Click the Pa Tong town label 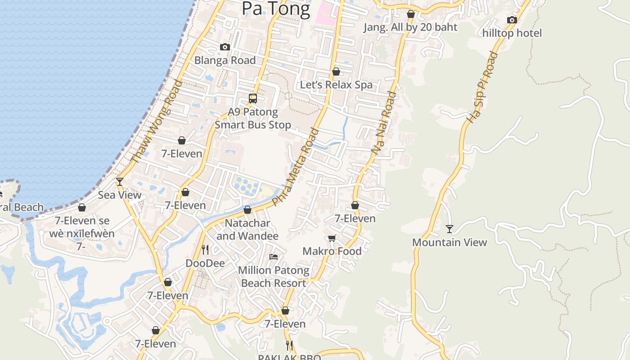[276, 9]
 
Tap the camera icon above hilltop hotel [512, 20]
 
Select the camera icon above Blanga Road [225, 47]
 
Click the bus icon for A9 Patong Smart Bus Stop [253, 98]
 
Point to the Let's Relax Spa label [336, 85]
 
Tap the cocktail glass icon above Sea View [120, 181]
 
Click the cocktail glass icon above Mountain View [450, 229]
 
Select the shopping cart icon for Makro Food [332, 238]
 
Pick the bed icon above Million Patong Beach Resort [274, 257]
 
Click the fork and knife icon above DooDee [205, 249]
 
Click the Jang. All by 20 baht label [410, 27]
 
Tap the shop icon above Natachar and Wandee [247, 210]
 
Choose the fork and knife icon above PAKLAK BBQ [290, 345]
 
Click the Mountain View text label [450, 242]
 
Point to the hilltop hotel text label [512, 33]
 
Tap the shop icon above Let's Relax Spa [336, 72]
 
